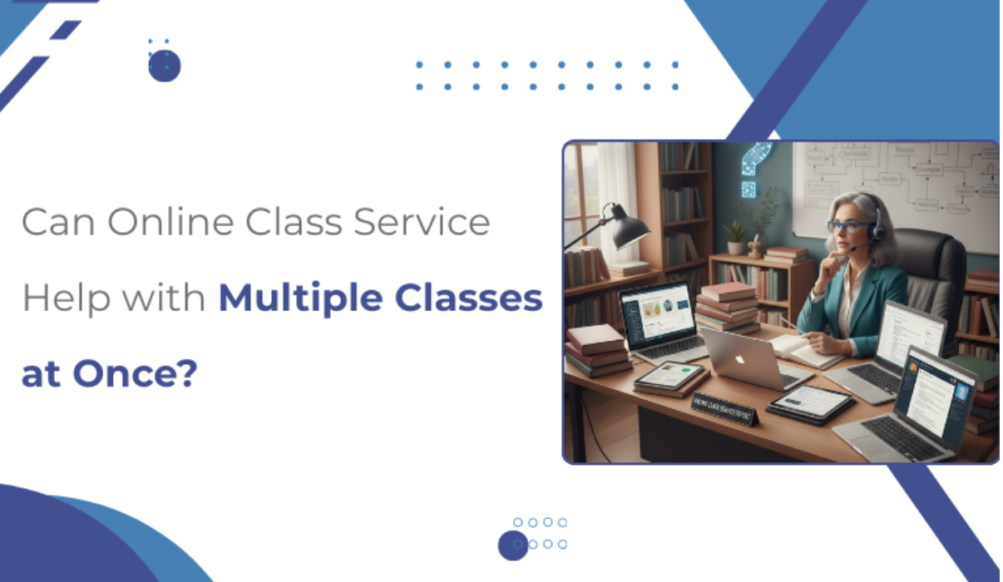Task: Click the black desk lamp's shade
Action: [630, 227]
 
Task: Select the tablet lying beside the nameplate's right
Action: [809, 404]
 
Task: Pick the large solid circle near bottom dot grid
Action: [513, 545]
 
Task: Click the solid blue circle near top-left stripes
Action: [164, 66]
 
